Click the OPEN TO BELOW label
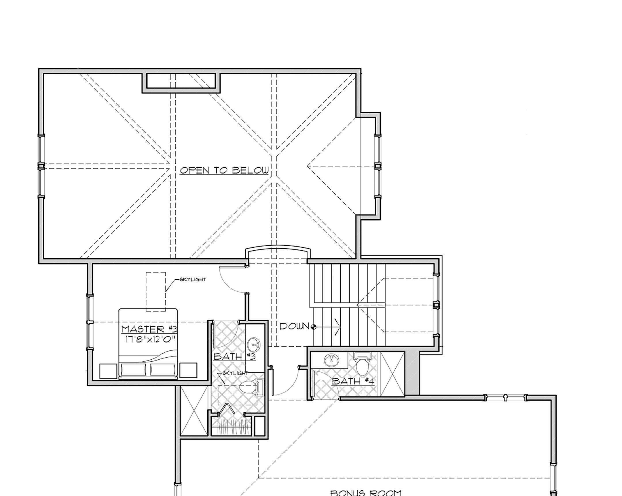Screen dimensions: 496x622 [224, 170]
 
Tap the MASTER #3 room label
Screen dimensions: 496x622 [149, 329]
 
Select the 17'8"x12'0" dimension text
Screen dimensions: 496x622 [150, 339]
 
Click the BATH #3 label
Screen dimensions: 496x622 [234, 356]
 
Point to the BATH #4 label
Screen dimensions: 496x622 [353, 381]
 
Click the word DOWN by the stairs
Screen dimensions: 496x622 [294, 327]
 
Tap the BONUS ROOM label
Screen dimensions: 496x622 [365, 492]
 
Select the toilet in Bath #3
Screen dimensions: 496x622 [250, 388]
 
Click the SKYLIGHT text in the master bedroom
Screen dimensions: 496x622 [193, 280]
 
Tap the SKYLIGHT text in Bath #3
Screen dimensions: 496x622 [235, 373]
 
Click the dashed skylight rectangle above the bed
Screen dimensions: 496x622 [156, 291]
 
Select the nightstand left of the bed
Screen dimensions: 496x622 [108, 371]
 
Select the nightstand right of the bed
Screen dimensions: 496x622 [188, 370]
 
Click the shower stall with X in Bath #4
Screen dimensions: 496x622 [392, 374]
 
